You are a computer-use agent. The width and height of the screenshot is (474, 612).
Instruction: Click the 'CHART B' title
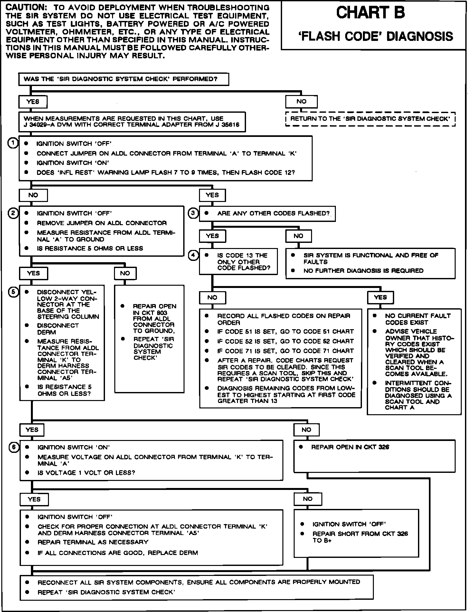click(371, 13)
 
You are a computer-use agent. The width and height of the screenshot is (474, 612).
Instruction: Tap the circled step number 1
click(13, 143)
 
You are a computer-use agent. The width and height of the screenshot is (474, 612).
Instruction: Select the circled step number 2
click(13, 213)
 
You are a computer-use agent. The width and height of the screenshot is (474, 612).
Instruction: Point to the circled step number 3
click(193, 213)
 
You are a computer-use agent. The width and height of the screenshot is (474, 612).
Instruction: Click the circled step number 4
click(193, 255)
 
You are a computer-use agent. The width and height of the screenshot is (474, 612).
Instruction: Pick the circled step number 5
click(13, 292)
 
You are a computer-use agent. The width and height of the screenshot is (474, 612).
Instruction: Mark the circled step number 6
click(13, 447)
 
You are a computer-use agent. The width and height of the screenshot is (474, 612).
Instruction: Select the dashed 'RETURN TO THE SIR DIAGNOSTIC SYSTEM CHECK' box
click(370, 119)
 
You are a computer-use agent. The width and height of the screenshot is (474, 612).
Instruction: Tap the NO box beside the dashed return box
click(301, 102)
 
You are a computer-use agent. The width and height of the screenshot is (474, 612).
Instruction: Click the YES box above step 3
click(212, 195)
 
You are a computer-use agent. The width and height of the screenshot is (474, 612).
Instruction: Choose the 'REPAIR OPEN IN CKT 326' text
click(350, 447)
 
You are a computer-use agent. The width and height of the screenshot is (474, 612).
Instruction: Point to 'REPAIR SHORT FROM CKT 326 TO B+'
click(360, 537)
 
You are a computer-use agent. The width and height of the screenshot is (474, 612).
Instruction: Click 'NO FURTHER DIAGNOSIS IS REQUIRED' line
click(363, 271)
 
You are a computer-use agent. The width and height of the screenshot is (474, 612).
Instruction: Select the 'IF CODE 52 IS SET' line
click(285, 341)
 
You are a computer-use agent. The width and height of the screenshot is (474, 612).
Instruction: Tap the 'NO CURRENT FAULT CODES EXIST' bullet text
click(418, 319)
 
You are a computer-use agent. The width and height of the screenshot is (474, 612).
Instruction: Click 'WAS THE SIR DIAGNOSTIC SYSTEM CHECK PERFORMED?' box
click(124, 79)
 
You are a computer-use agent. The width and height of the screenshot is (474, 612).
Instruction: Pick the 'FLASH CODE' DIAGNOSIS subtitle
click(375, 36)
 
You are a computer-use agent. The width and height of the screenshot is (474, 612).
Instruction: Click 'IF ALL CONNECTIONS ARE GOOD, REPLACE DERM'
click(118, 553)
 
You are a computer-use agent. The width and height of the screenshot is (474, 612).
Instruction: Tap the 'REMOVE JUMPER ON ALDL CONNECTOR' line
click(102, 223)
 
